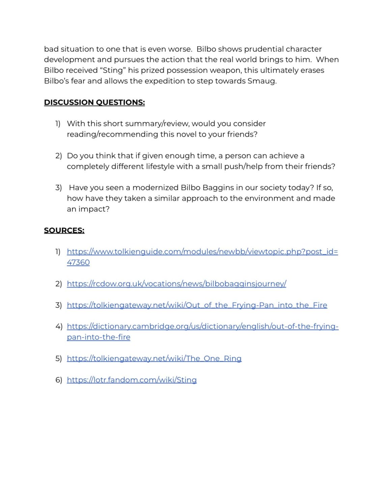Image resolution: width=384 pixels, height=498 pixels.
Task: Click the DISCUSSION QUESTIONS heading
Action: click(x=94, y=102)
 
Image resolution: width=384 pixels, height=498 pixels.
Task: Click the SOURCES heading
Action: click(x=64, y=230)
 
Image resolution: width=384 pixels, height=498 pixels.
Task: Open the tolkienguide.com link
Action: click(x=202, y=252)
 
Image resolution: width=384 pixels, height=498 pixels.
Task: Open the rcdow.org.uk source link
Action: click(x=176, y=284)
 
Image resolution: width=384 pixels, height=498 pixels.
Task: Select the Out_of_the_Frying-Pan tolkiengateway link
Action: click(x=197, y=305)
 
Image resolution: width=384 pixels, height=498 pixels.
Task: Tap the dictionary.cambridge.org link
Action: click(x=202, y=326)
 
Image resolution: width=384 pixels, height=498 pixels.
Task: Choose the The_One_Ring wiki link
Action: click(x=154, y=358)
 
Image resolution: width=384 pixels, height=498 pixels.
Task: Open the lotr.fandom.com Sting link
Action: click(x=132, y=380)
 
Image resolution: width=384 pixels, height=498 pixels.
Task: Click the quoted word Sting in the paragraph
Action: click(x=113, y=70)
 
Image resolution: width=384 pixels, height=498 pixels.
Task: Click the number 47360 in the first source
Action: click(x=78, y=263)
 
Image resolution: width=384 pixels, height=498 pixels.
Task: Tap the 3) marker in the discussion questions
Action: click(x=58, y=188)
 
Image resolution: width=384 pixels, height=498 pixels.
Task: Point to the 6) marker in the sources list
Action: click(x=58, y=380)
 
